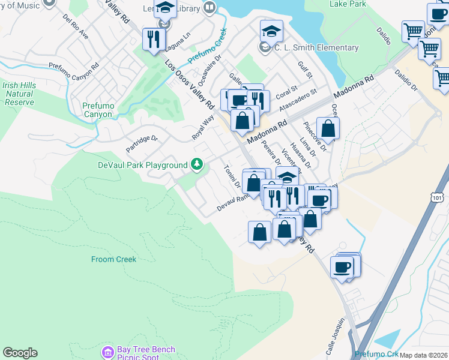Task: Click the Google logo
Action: tap(20, 353)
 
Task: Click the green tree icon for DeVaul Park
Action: tap(196, 164)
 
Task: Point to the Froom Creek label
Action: tap(114, 259)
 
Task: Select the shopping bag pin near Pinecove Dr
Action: tap(328, 128)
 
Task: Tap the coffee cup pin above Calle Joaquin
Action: tap(343, 266)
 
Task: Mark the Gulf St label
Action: tap(305, 70)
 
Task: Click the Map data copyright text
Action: tap(423, 355)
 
